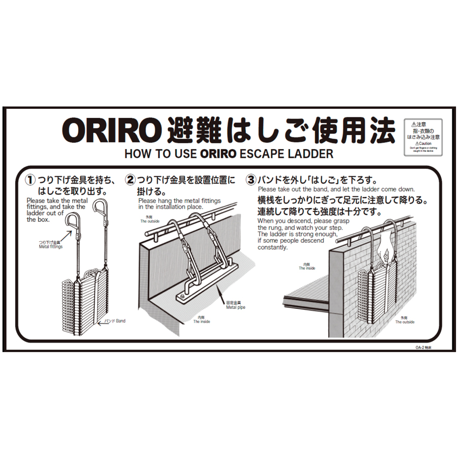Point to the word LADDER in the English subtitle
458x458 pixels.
[x=311, y=153]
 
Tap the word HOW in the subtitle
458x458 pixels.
[x=137, y=153]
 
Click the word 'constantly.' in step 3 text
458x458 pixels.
[x=273, y=248]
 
